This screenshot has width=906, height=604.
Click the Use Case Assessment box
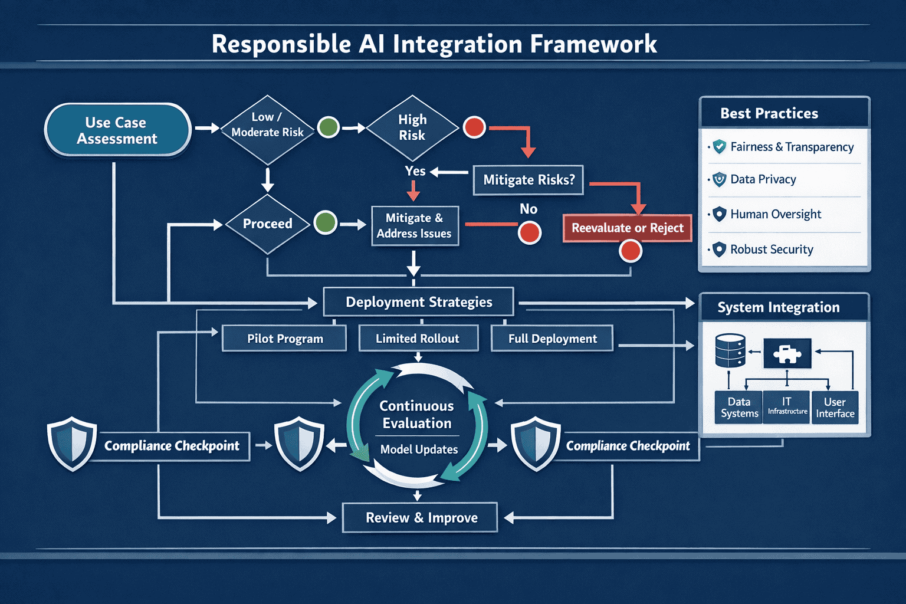click(117, 130)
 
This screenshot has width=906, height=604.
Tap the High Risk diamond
click(412, 127)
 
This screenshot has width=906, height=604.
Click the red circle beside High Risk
click(474, 127)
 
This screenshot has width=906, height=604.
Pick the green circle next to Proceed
click(325, 223)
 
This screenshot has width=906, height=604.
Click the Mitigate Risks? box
click(528, 180)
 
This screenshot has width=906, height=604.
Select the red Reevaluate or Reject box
click(627, 228)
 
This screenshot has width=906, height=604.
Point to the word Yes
click(415, 171)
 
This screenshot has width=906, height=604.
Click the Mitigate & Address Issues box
click(415, 226)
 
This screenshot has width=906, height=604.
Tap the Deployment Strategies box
click(418, 302)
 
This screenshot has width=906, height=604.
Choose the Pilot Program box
click(284, 339)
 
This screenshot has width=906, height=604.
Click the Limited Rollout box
click(418, 339)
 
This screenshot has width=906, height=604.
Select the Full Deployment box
click(552, 339)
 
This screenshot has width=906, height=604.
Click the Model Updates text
click(419, 449)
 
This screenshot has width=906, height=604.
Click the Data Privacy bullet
click(763, 179)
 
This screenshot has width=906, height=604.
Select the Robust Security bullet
click(771, 250)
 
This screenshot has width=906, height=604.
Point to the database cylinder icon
click(730, 351)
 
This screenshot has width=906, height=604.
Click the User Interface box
click(835, 408)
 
